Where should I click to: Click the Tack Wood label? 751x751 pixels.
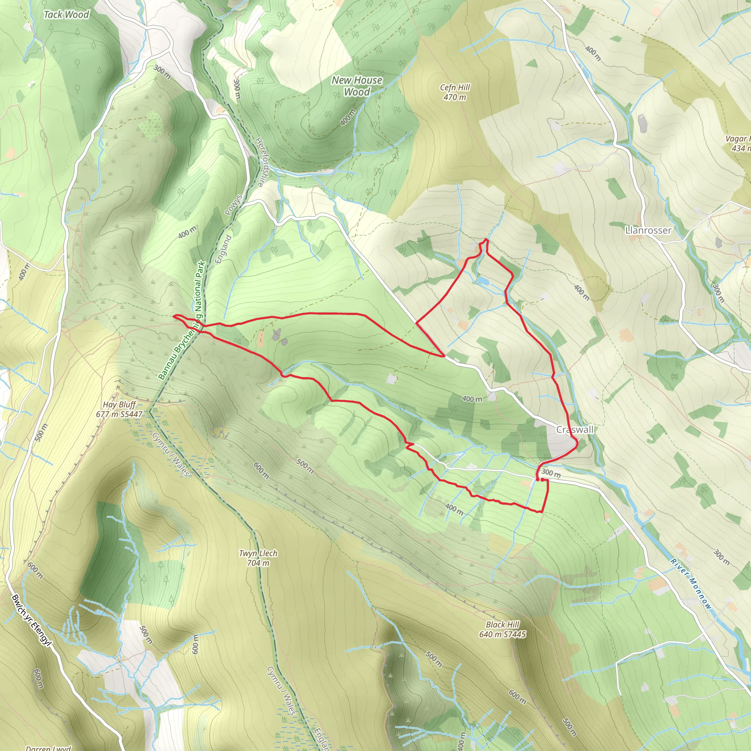66,15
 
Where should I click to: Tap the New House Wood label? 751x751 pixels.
357,86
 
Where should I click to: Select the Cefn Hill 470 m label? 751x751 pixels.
455,92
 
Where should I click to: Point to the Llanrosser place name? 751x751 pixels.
648,231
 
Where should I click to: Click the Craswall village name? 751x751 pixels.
575,429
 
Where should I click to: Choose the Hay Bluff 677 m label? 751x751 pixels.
119,409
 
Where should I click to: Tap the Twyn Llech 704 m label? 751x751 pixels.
258,558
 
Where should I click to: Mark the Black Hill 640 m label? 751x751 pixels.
502,629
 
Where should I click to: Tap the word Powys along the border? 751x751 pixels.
234,205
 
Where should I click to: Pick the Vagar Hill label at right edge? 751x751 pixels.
739,143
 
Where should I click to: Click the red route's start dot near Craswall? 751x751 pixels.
542,480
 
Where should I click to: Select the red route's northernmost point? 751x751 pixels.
486,239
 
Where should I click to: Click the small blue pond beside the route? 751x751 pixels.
483,280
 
